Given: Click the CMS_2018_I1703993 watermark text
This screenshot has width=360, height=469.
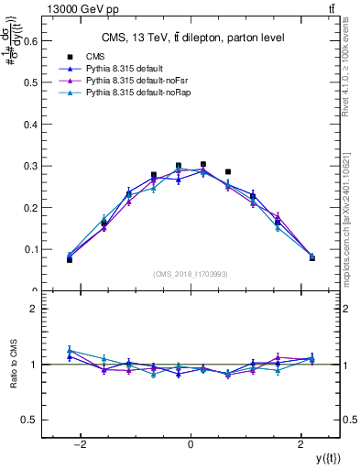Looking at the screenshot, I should (191, 273).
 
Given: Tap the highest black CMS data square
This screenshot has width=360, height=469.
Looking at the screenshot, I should (203, 165).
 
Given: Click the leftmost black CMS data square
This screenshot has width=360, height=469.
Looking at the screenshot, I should (70, 260).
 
